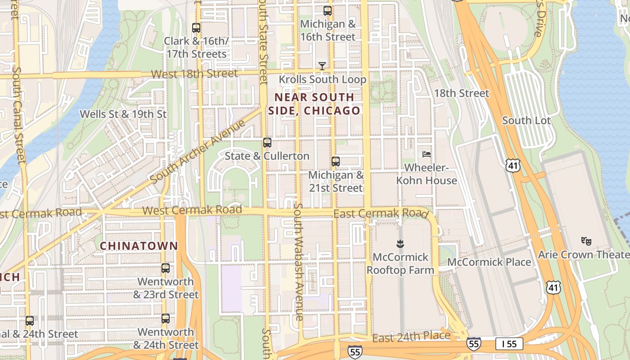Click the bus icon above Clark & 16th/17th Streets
click(x=196, y=27)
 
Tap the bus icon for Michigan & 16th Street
click(x=328, y=10)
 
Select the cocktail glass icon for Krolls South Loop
click(x=322, y=66)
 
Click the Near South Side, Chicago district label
click(x=315, y=104)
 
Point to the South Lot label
click(x=526, y=121)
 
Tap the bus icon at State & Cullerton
click(x=267, y=143)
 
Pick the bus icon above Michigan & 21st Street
click(x=335, y=161)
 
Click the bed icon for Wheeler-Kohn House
click(x=427, y=154)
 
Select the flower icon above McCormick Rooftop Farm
click(x=400, y=244)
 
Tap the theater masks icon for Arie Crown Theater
click(x=586, y=241)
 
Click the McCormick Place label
click(x=489, y=262)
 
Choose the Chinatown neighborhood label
click(x=139, y=246)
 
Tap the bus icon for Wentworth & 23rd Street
click(x=166, y=268)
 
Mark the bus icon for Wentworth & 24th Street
click(x=166, y=319)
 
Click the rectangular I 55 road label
click(x=509, y=344)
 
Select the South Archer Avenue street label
click(x=198, y=151)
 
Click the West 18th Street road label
click(x=194, y=74)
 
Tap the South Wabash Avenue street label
click(x=298, y=261)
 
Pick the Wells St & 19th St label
click(x=123, y=114)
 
